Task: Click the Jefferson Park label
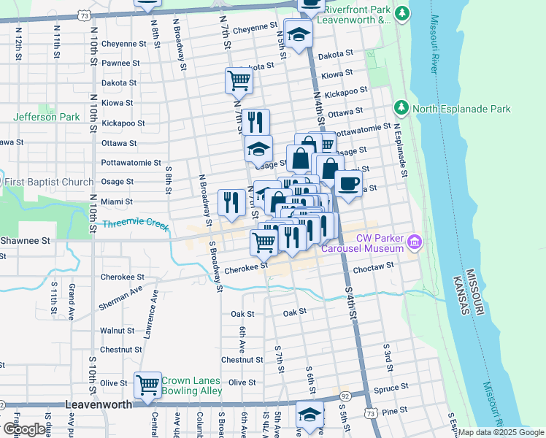pos(46,117)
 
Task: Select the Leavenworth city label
pos(99,404)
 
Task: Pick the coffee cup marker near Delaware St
pos(348,183)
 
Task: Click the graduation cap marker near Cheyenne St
pos(299,34)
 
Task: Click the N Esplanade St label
pos(400,150)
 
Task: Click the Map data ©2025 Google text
pos(501,432)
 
